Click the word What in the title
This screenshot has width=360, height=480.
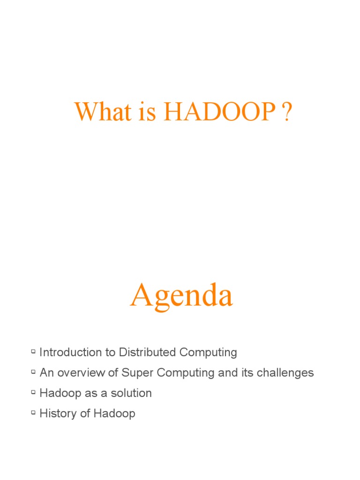click(x=99, y=112)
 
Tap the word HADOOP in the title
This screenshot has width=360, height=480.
click(x=219, y=112)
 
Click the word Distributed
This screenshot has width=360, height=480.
click(x=147, y=352)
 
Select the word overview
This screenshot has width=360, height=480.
click(x=82, y=373)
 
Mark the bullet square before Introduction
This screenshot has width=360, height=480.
click(x=33, y=351)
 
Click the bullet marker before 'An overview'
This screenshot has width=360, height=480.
click(x=33, y=371)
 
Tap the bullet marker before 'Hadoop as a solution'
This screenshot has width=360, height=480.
click(x=33, y=391)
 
